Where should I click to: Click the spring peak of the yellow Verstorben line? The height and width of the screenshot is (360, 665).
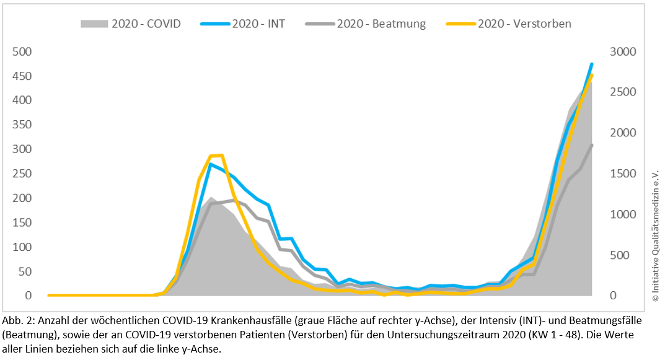(222, 155)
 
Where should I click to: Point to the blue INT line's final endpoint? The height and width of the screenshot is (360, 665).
(592, 64)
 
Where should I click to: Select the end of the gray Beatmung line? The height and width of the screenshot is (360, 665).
(592, 145)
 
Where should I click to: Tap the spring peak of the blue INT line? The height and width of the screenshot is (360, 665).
(211, 164)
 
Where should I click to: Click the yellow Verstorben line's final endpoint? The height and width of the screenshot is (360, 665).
(592, 75)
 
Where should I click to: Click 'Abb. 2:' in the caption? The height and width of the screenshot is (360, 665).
(20, 321)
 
